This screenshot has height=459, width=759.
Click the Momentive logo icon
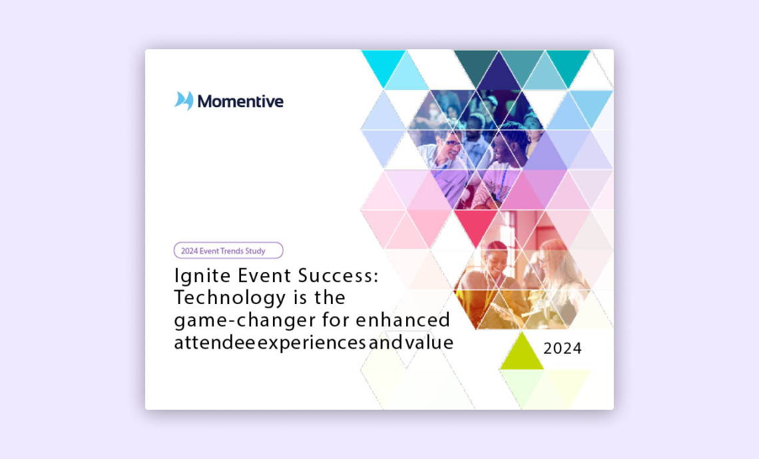pos(184,100)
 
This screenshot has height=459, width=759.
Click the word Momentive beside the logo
pos(240,101)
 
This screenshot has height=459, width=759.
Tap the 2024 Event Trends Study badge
pos(228,251)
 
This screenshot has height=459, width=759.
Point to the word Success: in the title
pos(338,275)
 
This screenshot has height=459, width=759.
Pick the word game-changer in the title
pos(245,320)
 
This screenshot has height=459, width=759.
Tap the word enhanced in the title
pos(403,320)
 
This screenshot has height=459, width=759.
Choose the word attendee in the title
pos(214,342)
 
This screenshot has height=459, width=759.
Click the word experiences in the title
pos(312,343)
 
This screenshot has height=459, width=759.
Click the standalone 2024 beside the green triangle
pos(563,348)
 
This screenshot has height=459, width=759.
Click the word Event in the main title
pos(264,275)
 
